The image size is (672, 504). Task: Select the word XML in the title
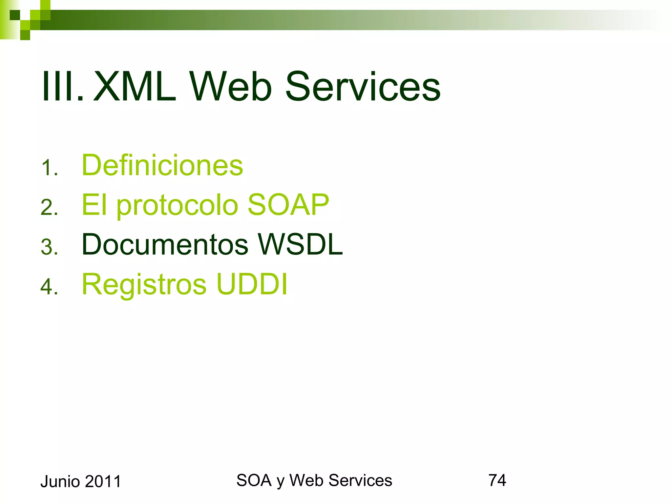click(x=135, y=87)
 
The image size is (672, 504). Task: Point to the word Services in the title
click(x=363, y=87)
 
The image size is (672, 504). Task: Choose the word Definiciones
click(x=162, y=165)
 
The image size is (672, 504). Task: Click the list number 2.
click(x=49, y=207)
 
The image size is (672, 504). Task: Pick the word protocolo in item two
click(x=177, y=205)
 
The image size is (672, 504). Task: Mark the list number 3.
click(x=49, y=247)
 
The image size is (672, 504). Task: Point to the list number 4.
click(x=49, y=286)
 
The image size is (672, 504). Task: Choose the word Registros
click(x=144, y=284)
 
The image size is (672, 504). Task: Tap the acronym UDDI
click(x=252, y=284)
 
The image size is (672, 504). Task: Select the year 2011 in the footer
click(x=103, y=482)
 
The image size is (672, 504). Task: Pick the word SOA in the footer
click(x=254, y=480)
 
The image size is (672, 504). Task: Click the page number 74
click(x=497, y=480)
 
